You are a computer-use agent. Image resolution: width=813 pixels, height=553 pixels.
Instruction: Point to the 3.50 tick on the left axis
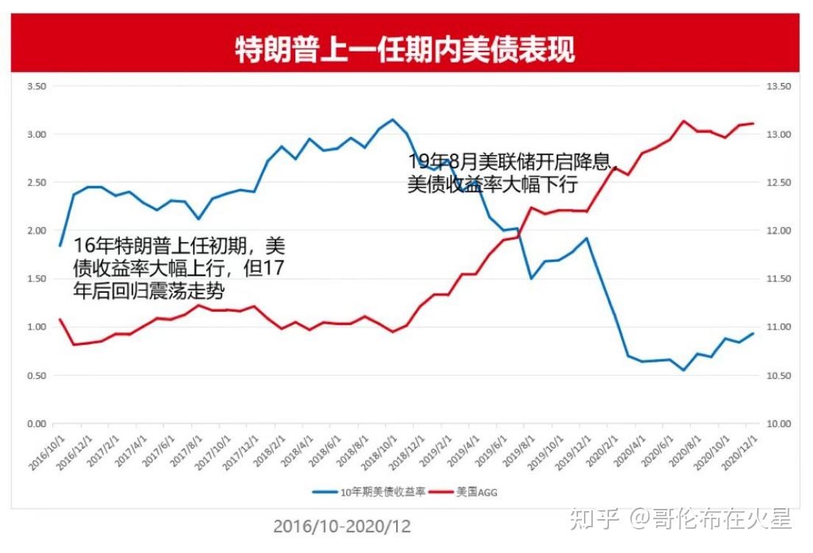[36, 86]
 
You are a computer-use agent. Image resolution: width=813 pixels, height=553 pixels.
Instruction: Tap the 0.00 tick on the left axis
[36, 424]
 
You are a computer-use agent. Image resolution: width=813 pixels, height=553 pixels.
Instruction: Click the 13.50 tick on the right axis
[779, 86]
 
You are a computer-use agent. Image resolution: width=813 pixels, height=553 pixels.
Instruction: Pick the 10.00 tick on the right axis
[779, 424]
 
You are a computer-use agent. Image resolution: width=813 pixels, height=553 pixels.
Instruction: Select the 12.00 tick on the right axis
[779, 231]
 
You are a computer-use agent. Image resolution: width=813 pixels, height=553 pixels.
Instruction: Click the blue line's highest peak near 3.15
[393, 119]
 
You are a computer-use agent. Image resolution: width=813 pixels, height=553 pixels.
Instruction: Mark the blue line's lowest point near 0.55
[683, 370]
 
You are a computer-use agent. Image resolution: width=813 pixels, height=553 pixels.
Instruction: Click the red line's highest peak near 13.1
[683, 121]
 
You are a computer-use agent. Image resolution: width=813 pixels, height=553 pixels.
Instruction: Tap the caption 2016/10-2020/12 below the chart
[342, 526]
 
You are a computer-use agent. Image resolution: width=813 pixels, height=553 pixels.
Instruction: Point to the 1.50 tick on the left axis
[36, 279]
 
